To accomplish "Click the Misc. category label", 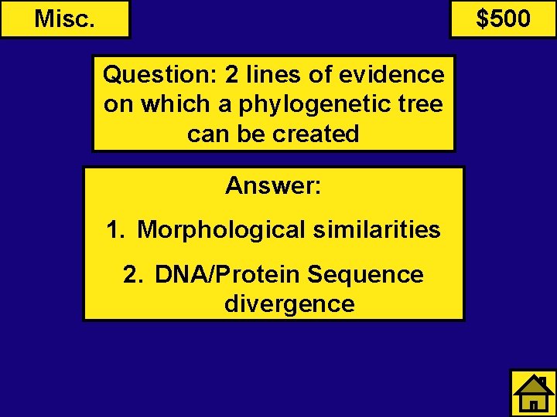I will point(65,19).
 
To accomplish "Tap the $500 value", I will point(503,19).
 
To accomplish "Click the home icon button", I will point(533,393).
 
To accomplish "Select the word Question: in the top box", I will point(160,75).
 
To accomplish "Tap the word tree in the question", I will point(421,104).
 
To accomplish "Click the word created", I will point(316,134).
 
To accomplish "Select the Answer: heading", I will point(273,185).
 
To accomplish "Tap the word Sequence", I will point(365,274).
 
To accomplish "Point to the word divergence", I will point(289,303).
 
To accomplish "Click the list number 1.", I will point(115,229).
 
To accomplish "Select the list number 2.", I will point(132,274).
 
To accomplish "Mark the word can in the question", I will point(205,134).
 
